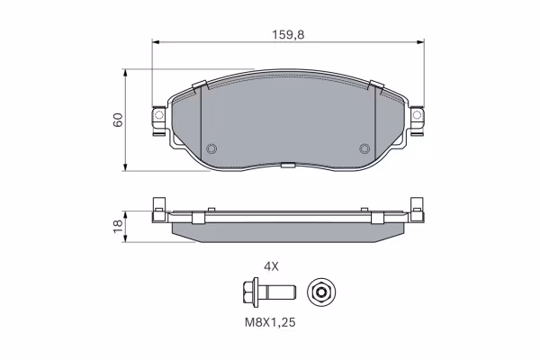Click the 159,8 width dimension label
point(288,35)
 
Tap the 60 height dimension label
point(118,120)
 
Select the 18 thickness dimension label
point(118,226)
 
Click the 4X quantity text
point(271,266)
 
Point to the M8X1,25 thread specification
point(270,322)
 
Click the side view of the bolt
point(268,292)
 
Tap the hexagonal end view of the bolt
point(321,292)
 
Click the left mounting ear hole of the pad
point(159,114)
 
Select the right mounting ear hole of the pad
point(417,114)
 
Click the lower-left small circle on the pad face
point(211,148)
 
